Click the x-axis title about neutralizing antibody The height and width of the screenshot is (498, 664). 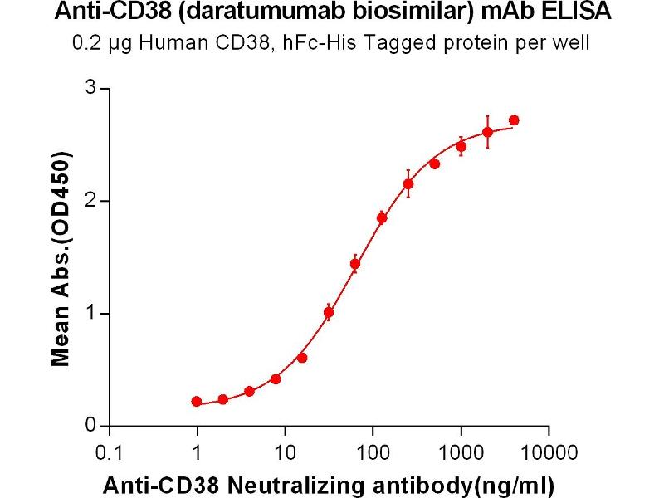[x=328, y=484]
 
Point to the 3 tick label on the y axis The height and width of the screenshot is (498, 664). [x=91, y=88]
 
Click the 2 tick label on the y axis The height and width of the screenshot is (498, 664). [x=91, y=201]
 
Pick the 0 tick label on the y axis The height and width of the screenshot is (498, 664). [x=91, y=426]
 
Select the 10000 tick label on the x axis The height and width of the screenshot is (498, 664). [x=548, y=452]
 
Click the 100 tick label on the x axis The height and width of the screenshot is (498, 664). [x=373, y=452]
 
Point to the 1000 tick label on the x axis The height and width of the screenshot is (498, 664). [x=461, y=452]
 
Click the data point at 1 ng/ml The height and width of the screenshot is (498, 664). [x=197, y=402]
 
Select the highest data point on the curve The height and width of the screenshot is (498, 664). [x=514, y=120]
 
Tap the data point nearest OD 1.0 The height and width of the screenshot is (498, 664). [x=329, y=313]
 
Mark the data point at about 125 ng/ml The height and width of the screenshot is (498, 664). [x=382, y=218]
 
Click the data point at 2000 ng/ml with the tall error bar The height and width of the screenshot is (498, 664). [x=487, y=132]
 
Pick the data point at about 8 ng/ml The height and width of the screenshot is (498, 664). [x=276, y=379]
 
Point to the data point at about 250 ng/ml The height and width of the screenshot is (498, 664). [x=408, y=183]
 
